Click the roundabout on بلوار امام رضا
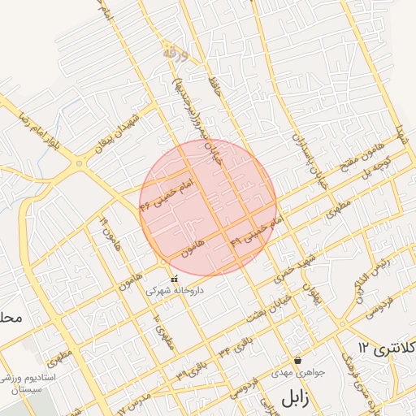[79, 164]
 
